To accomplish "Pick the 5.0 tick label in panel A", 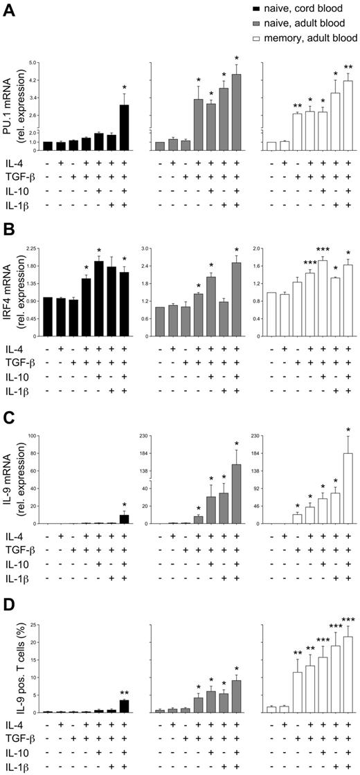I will [31, 62].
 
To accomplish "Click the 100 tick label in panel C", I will [31, 435].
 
